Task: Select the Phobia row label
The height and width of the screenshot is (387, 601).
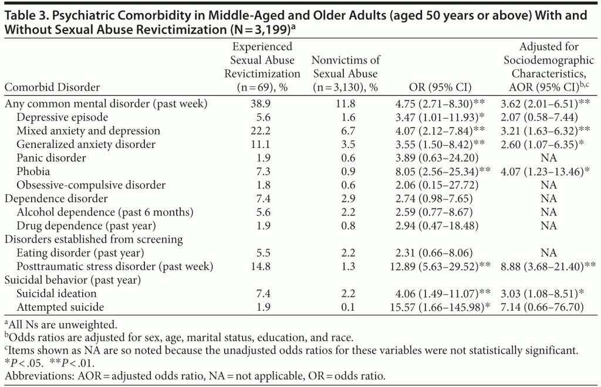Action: click(33, 171)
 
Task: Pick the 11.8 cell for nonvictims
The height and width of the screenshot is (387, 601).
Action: click(345, 104)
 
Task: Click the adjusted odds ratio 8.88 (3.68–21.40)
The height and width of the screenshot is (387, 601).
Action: click(549, 266)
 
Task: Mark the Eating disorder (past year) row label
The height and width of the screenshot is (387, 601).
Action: click(80, 253)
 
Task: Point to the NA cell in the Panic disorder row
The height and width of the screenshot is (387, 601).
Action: click(549, 158)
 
